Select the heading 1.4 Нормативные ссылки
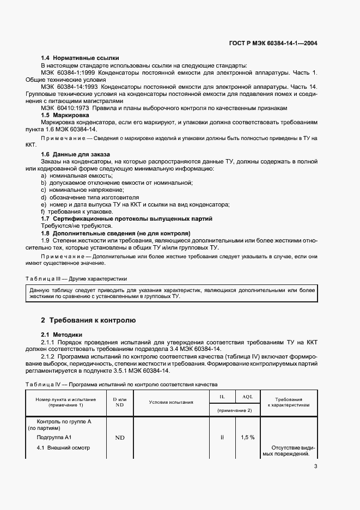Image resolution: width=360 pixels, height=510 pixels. [80, 58]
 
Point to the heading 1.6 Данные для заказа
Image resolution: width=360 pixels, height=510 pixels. [76, 154]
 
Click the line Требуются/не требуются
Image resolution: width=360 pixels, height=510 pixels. [77, 226]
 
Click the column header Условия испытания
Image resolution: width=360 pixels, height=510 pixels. [171, 402]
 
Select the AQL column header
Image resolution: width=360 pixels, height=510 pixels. [248, 398]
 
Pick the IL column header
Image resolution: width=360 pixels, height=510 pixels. [222, 398]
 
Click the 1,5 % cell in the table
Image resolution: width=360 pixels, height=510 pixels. [248, 437]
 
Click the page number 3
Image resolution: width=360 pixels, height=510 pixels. [315, 465]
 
